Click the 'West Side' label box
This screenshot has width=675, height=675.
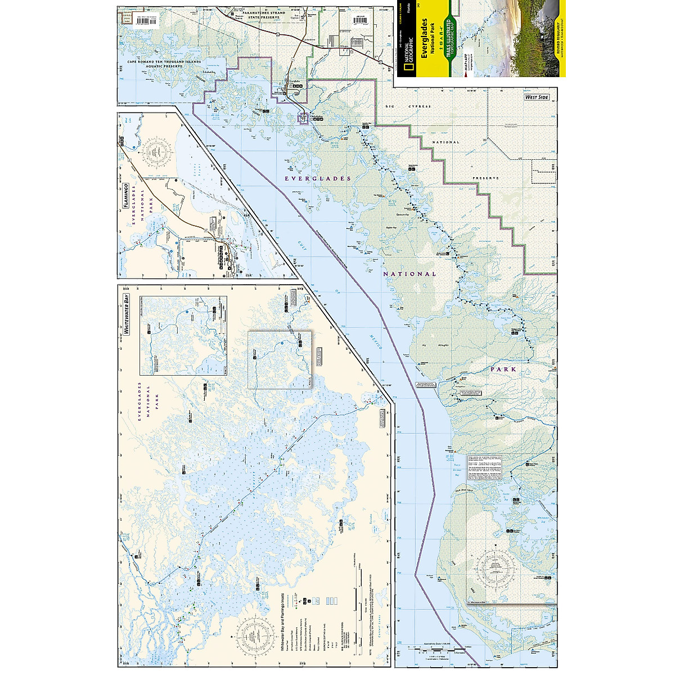coord(536,97)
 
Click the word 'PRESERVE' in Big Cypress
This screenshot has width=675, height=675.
coord(485,178)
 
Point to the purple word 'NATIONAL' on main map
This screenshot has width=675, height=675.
coord(409,274)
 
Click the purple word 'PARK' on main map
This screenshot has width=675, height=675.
coord(503,370)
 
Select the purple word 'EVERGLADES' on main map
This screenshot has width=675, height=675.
coord(318,178)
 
